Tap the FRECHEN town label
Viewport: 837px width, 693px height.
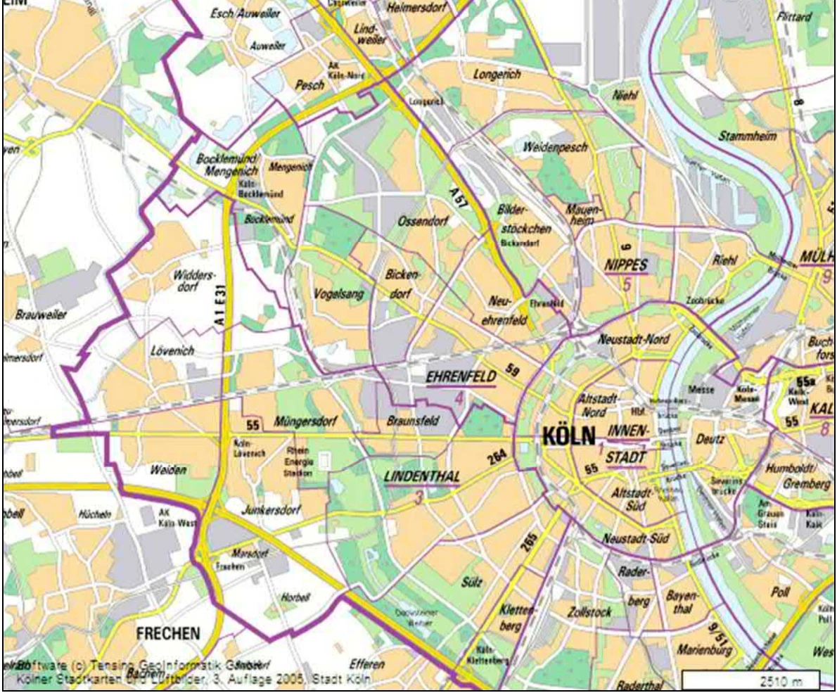168,633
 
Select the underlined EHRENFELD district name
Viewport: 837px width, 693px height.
461,378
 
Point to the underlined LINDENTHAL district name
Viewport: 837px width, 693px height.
422,476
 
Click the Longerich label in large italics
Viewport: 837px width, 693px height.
497,74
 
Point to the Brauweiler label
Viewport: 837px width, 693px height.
41,314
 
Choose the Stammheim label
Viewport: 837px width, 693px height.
747,136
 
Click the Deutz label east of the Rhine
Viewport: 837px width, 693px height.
710,440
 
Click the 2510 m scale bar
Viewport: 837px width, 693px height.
750,680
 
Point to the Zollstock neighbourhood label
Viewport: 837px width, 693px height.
589,612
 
